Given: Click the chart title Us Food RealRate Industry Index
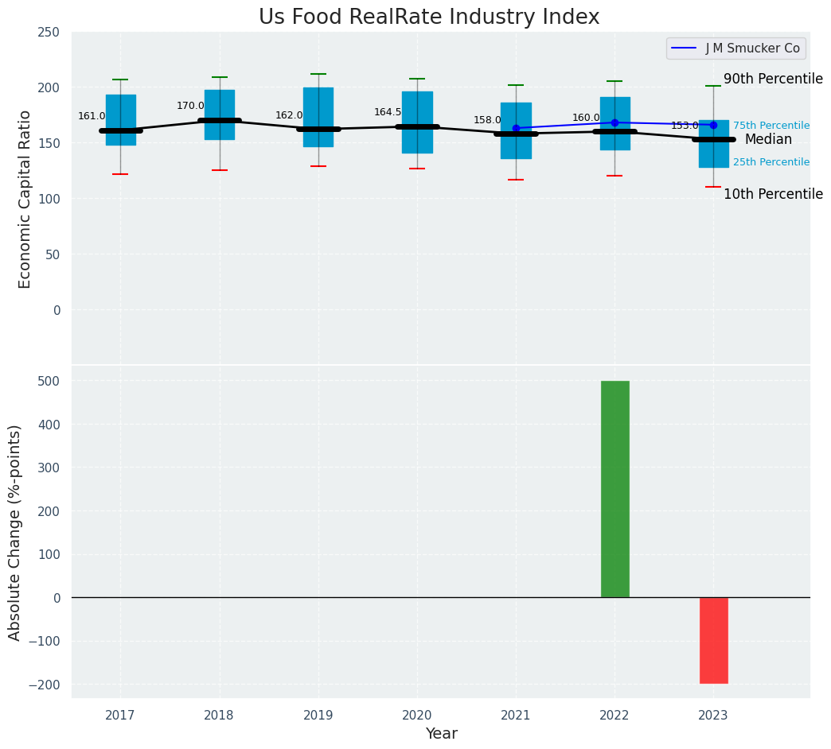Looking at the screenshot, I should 429,17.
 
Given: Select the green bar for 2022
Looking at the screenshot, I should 614,489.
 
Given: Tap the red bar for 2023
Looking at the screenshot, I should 713,640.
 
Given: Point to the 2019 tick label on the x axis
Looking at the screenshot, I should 318,716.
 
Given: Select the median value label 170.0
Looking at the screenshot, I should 190,106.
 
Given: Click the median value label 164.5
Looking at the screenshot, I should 388,112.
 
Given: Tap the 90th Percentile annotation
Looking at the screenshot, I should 773,79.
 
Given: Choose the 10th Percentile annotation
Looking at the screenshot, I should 773,194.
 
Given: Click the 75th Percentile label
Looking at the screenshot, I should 771,126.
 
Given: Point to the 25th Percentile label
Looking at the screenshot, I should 771,162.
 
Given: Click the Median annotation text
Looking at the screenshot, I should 768,140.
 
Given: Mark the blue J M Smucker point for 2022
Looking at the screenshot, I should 614,122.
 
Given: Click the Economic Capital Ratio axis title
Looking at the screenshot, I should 25,199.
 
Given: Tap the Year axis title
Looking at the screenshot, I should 441,734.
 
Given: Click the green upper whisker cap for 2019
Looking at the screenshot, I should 318,74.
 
